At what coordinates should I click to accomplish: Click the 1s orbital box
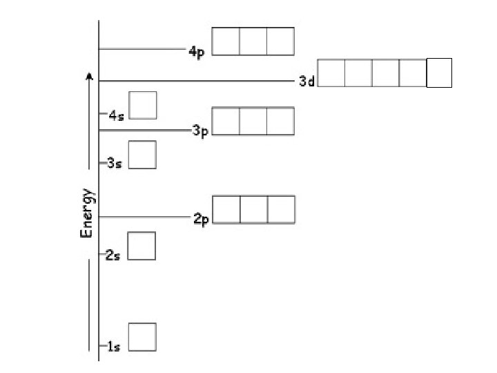pyautogui.click(x=142, y=337)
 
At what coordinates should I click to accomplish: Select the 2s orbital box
pyautogui.click(x=142, y=246)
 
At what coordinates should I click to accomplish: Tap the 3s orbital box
pyautogui.click(x=142, y=155)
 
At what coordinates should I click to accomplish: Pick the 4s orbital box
pyautogui.click(x=143, y=105)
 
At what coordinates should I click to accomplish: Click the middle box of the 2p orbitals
pyautogui.click(x=253, y=210)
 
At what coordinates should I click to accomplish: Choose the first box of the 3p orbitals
pyautogui.click(x=226, y=121)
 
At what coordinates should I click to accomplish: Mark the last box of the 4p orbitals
pyautogui.click(x=280, y=41)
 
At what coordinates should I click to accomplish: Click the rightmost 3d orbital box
pyautogui.click(x=439, y=73)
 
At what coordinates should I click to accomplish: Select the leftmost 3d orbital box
pyautogui.click(x=331, y=73)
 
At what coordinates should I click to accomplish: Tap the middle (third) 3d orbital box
pyautogui.click(x=385, y=73)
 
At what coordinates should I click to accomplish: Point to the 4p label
pyautogui.click(x=197, y=52)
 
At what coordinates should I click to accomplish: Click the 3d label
pyautogui.click(x=306, y=82)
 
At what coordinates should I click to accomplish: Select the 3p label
pyautogui.click(x=201, y=131)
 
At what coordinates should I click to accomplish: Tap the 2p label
pyautogui.click(x=201, y=219)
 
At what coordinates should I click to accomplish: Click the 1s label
pyautogui.click(x=113, y=347)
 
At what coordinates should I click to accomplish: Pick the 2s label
pyautogui.click(x=113, y=256)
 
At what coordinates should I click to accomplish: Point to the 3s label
pyautogui.click(x=115, y=164)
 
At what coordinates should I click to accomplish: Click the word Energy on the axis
pyautogui.click(x=87, y=213)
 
